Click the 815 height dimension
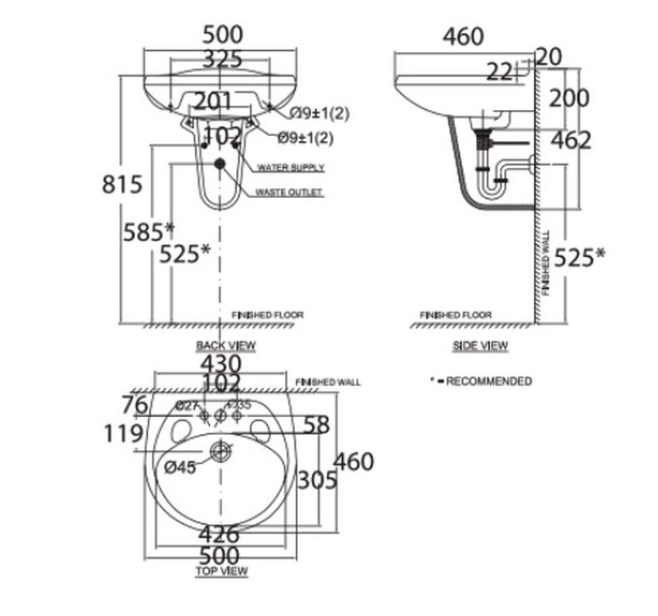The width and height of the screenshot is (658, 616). (x=122, y=184)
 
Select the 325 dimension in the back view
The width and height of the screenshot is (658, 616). (x=222, y=59)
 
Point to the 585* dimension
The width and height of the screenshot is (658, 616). (x=148, y=231)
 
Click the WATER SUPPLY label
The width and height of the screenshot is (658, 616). (x=290, y=168)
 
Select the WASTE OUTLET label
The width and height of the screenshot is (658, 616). (x=290, y=193)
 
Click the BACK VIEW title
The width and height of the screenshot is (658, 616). (x=225, y=345)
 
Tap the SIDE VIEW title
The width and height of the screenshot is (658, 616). (x=480, y=346)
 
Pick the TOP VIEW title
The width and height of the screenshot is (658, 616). (x=221, y=571)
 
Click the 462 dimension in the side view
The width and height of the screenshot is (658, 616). (x=571, y=140)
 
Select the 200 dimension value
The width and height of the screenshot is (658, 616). (x=569, y=98)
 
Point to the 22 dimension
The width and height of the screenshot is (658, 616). (x=499, y=72)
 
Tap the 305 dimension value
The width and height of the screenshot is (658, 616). (x=317, y=481)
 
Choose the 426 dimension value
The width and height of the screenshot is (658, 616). (x=220, y=534)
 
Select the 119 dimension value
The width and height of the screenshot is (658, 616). (x=124, y=434)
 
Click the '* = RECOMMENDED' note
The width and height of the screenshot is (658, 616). (x=481, y=382)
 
